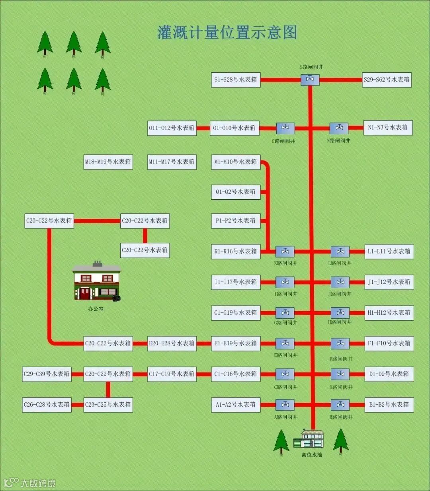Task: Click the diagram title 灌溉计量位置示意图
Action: click(x=227, y=32)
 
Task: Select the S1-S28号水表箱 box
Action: click(x=236, y=80)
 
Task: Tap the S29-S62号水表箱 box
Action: click(x=386, y=80)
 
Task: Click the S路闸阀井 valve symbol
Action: click(x=310, y=80)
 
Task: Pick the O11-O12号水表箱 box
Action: click(x=172, y=128)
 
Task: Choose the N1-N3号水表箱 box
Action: click(x=388, y=128)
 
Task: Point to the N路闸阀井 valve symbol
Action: click(x=339, y=128)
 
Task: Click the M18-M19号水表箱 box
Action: click(x=108, y=162)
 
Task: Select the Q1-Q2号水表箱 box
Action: click(x=236, y=192)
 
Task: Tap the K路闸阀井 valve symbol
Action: click(x=285, y=251)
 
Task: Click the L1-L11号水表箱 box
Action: click(x=389, y=251)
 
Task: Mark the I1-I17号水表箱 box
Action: click(x=236, y=282)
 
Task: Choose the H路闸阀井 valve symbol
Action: click(x=340, y=313)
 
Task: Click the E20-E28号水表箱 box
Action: click(x=172, y=343)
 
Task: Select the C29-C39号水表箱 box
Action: click(x=47, y=374)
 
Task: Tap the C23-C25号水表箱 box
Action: click(x=108, y=405)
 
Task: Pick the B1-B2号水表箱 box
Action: click(x=389, y=405)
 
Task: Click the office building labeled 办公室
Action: click(x=97, y=282)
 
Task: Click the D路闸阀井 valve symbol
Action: click(x=340, y=374)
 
